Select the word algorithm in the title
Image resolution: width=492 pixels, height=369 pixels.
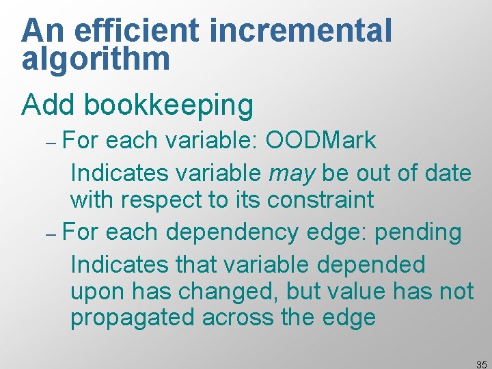pos(96,59)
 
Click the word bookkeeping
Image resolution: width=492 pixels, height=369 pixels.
pos(167,105)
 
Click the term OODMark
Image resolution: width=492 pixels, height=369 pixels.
pos(320,141)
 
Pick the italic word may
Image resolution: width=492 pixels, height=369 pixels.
pos(292,174)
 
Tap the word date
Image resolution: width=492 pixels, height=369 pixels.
pos(448,173)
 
